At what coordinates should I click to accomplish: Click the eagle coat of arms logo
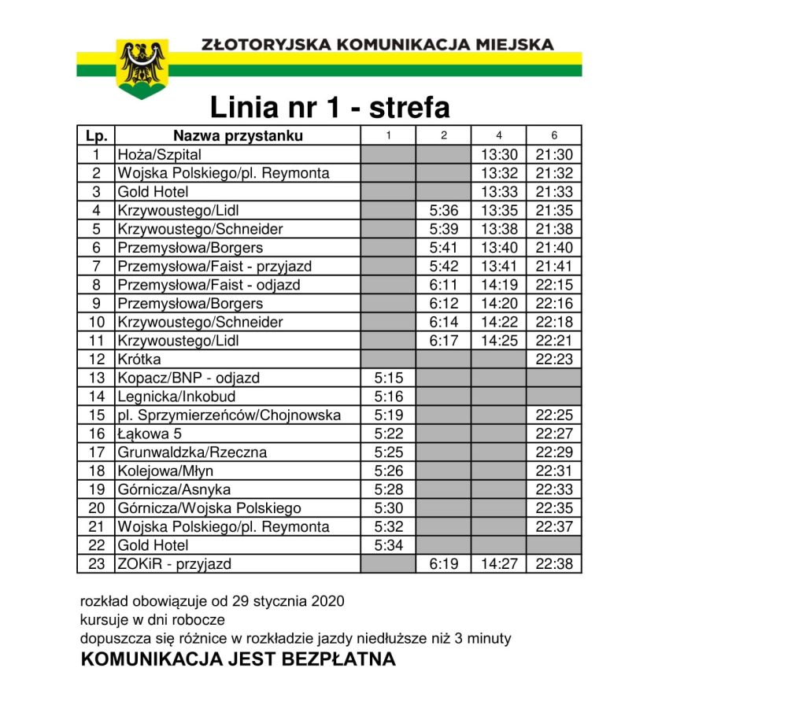pyautogui.click(x=142, y=69)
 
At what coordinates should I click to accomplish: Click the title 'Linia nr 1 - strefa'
pyautogui.click(x=329, y=108)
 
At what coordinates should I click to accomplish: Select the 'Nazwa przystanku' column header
pyautogui.click(x=238, y=135)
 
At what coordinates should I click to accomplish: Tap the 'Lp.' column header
pyautogui.click(x=96, y=135)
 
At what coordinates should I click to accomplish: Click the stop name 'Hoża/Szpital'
pyautogui.click(x=159, y=154)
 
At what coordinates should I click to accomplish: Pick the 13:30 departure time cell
pyautogui.click(x=499, y=154)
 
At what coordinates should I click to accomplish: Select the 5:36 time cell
pyautogui.click(x=444, y=210)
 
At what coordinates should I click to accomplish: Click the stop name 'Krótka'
pyautogui.click(x=139, y=359)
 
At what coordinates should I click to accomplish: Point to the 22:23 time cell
pyautogui.click(x=554, y=359)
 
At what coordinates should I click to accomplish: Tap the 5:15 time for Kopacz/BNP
pyautogui.click(x=388, y=378)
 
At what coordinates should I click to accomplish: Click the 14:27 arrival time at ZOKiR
pyautogui.click(x=499, y=564)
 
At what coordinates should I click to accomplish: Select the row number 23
pyautogui.click(x=96, y=564)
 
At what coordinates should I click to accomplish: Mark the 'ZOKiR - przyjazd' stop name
pyautogui.click(x=175, y=564)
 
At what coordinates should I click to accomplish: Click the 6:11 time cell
pyautogui.click(x=444, y=285)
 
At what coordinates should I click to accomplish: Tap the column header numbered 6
pyautogui.click(x=554, y=135)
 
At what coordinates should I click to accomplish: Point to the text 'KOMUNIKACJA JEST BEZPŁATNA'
pyautogui.click(x=238, y=659)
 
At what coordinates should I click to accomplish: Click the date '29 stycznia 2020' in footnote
pyautogui.click(x=290, y=601)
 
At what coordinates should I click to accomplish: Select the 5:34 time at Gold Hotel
pyautogui.click(x=388, y=545)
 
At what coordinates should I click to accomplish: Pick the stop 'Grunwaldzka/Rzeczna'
pyautogui.click(x=192, y=452)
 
